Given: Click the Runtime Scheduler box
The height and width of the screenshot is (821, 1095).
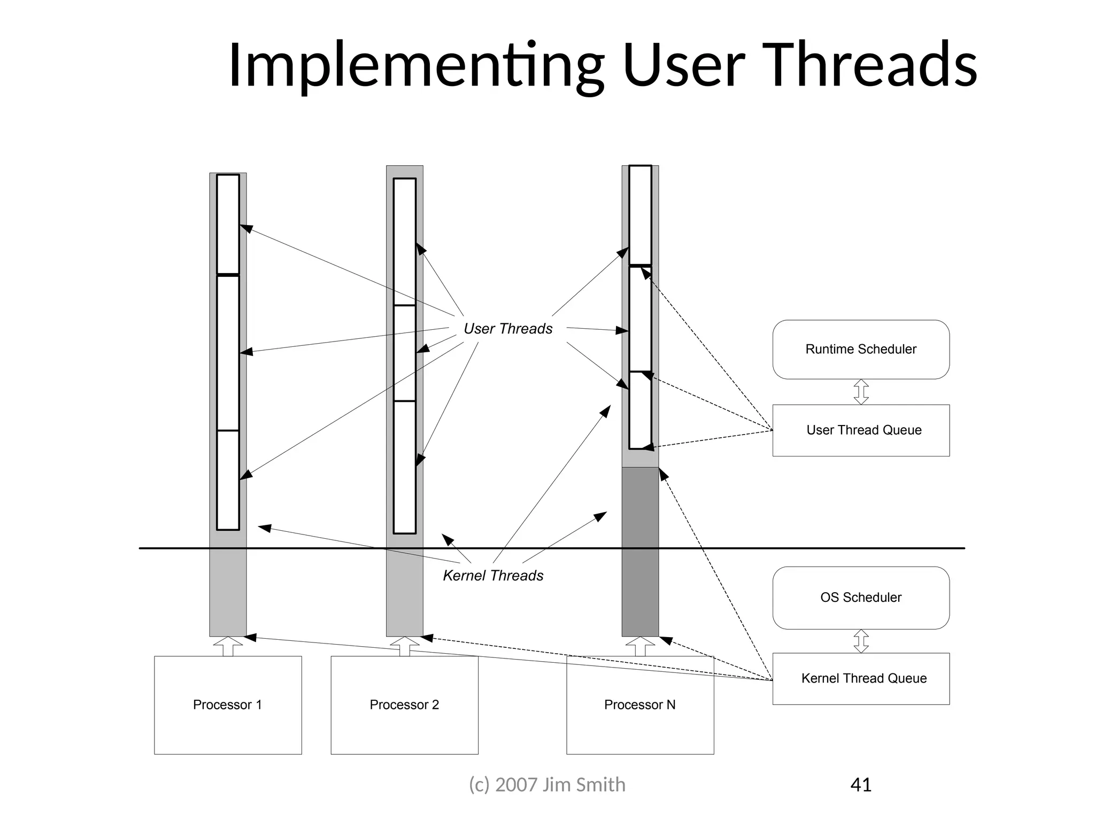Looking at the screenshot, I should [860, 349].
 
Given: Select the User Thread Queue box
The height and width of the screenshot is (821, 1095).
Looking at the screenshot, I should [860, 430].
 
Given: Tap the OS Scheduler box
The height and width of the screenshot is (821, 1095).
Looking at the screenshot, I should [860, 597].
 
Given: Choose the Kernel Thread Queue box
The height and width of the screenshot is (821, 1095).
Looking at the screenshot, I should [860, 678].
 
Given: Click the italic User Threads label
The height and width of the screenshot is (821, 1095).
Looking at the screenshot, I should [507, 329].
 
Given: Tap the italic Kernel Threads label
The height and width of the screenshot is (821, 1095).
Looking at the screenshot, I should [493, 576].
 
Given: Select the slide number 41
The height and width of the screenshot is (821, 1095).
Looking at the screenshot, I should [860, 785].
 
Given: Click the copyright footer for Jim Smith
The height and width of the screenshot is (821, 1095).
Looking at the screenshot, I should [547, 785].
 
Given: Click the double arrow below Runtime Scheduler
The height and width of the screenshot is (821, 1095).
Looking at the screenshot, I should [861, 392].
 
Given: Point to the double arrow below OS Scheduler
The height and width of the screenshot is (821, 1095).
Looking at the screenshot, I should [861, 641].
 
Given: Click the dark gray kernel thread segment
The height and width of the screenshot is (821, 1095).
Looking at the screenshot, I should [640, 551].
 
